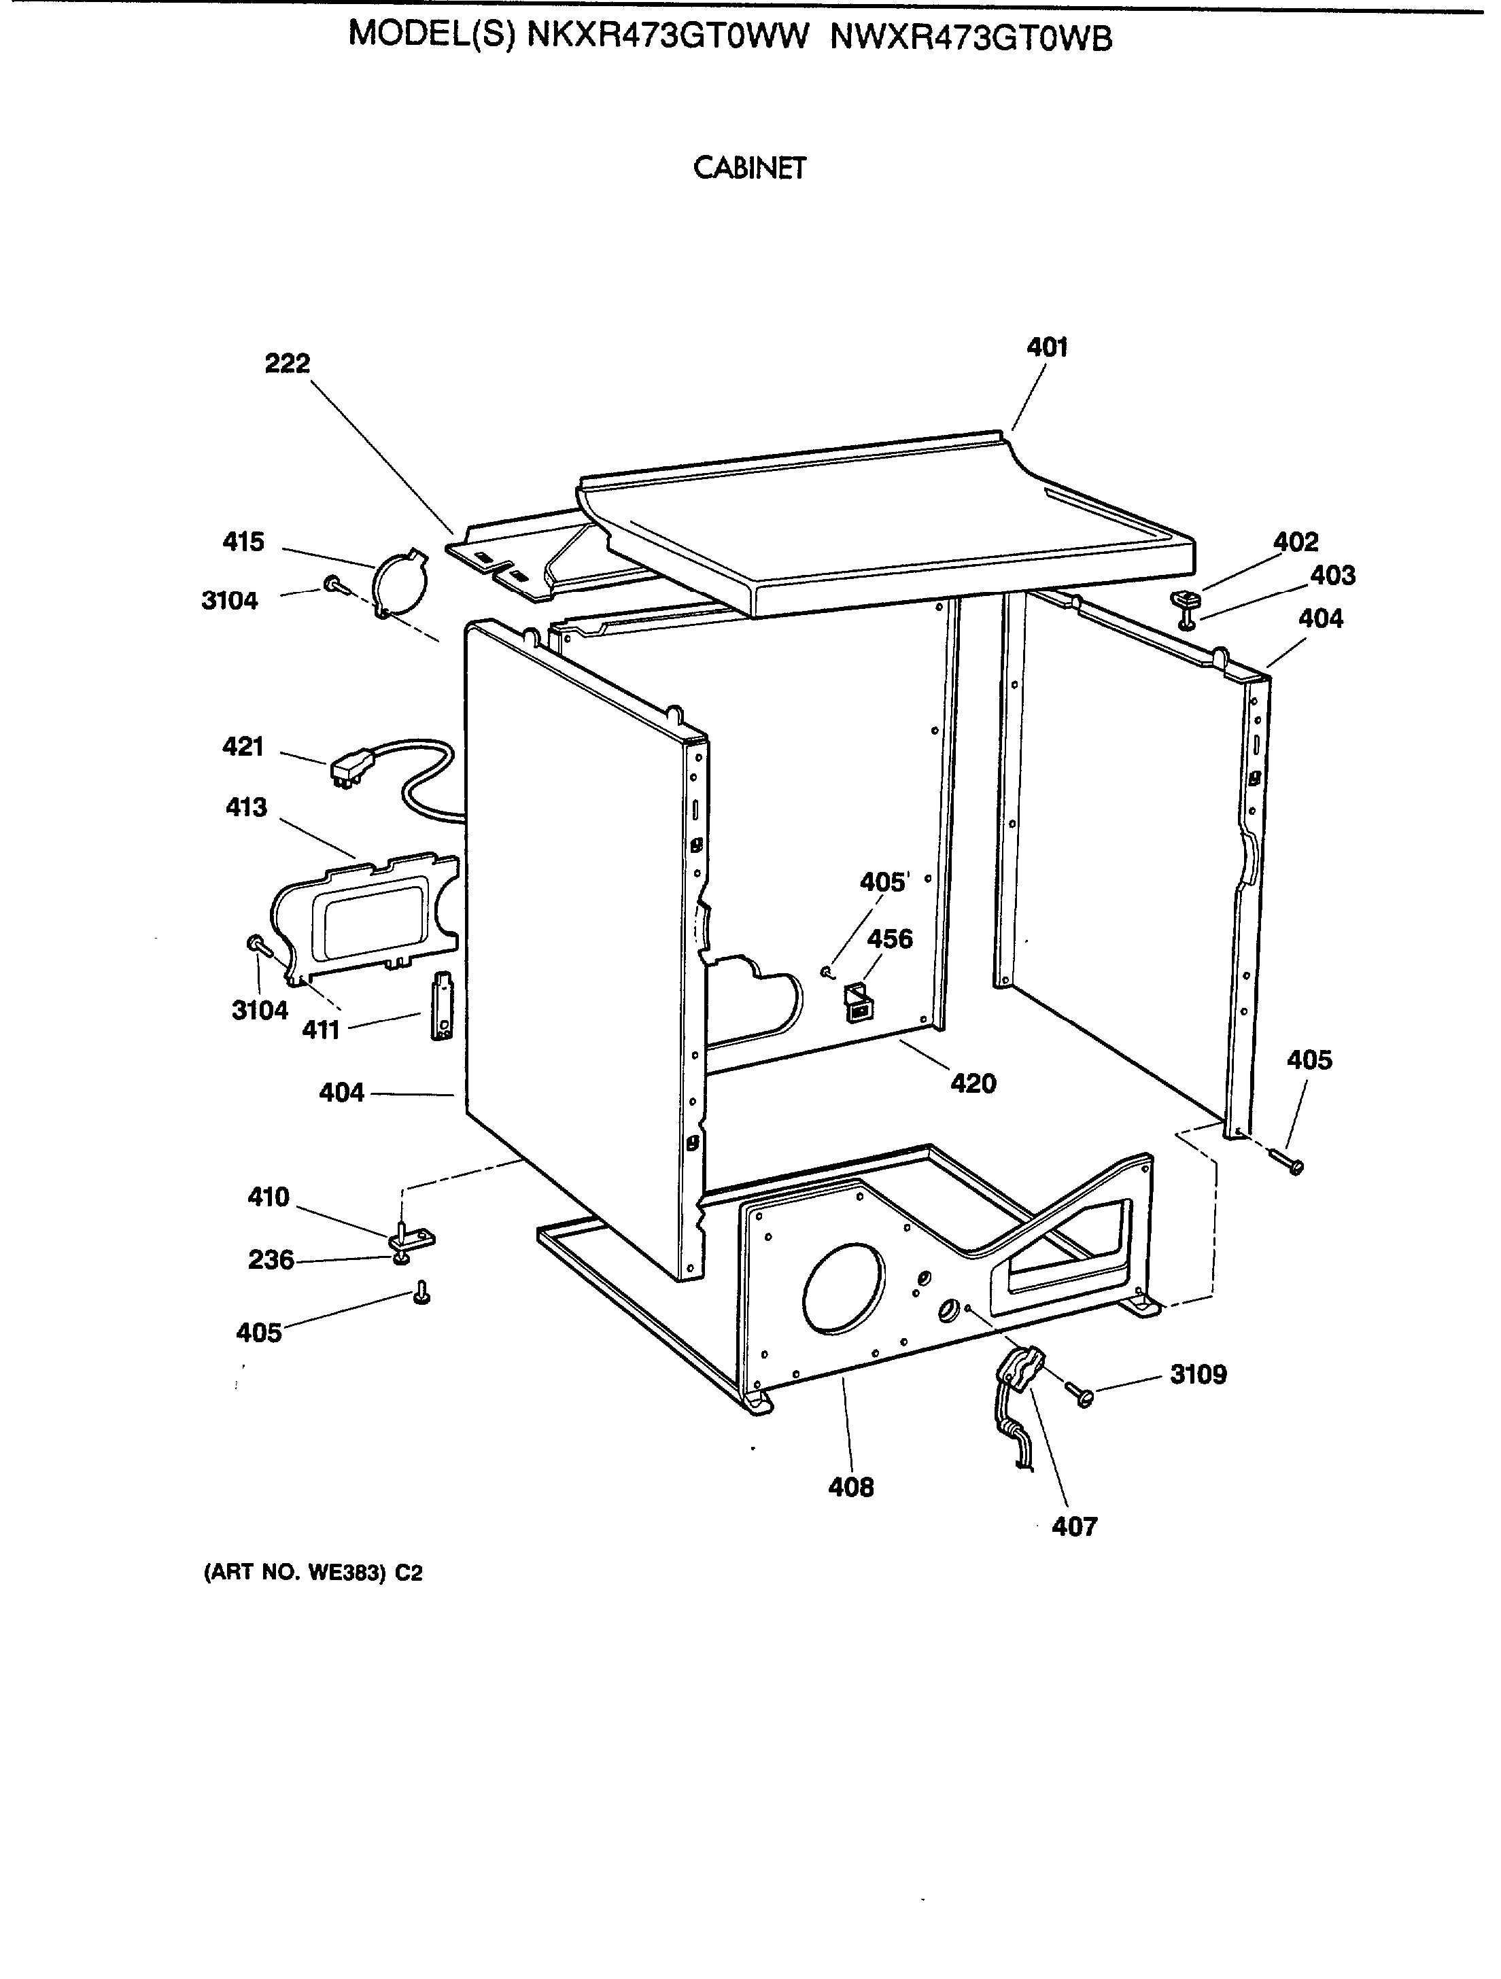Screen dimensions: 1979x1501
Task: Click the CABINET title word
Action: (x=749, y=168)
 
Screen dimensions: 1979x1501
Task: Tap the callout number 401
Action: (x=1046, y=347)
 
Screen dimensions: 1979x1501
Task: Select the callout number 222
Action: (x=288, y=363)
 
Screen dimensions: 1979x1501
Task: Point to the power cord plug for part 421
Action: (x=349, y=769)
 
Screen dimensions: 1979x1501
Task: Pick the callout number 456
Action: (x=890, y=939)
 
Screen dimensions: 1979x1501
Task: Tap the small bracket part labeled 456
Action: (x=857, y=1002)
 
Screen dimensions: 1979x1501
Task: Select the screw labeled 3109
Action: (x=1080, y=1394)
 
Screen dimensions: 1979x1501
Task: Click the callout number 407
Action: (x=1074, y=1526)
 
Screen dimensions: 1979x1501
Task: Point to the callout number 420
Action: (x=973, y=1083)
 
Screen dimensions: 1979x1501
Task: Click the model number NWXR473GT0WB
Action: (x=971, y=37)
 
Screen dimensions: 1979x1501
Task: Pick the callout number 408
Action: (x=850, y=1487)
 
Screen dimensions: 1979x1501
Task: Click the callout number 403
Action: (x=1332, y=575)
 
